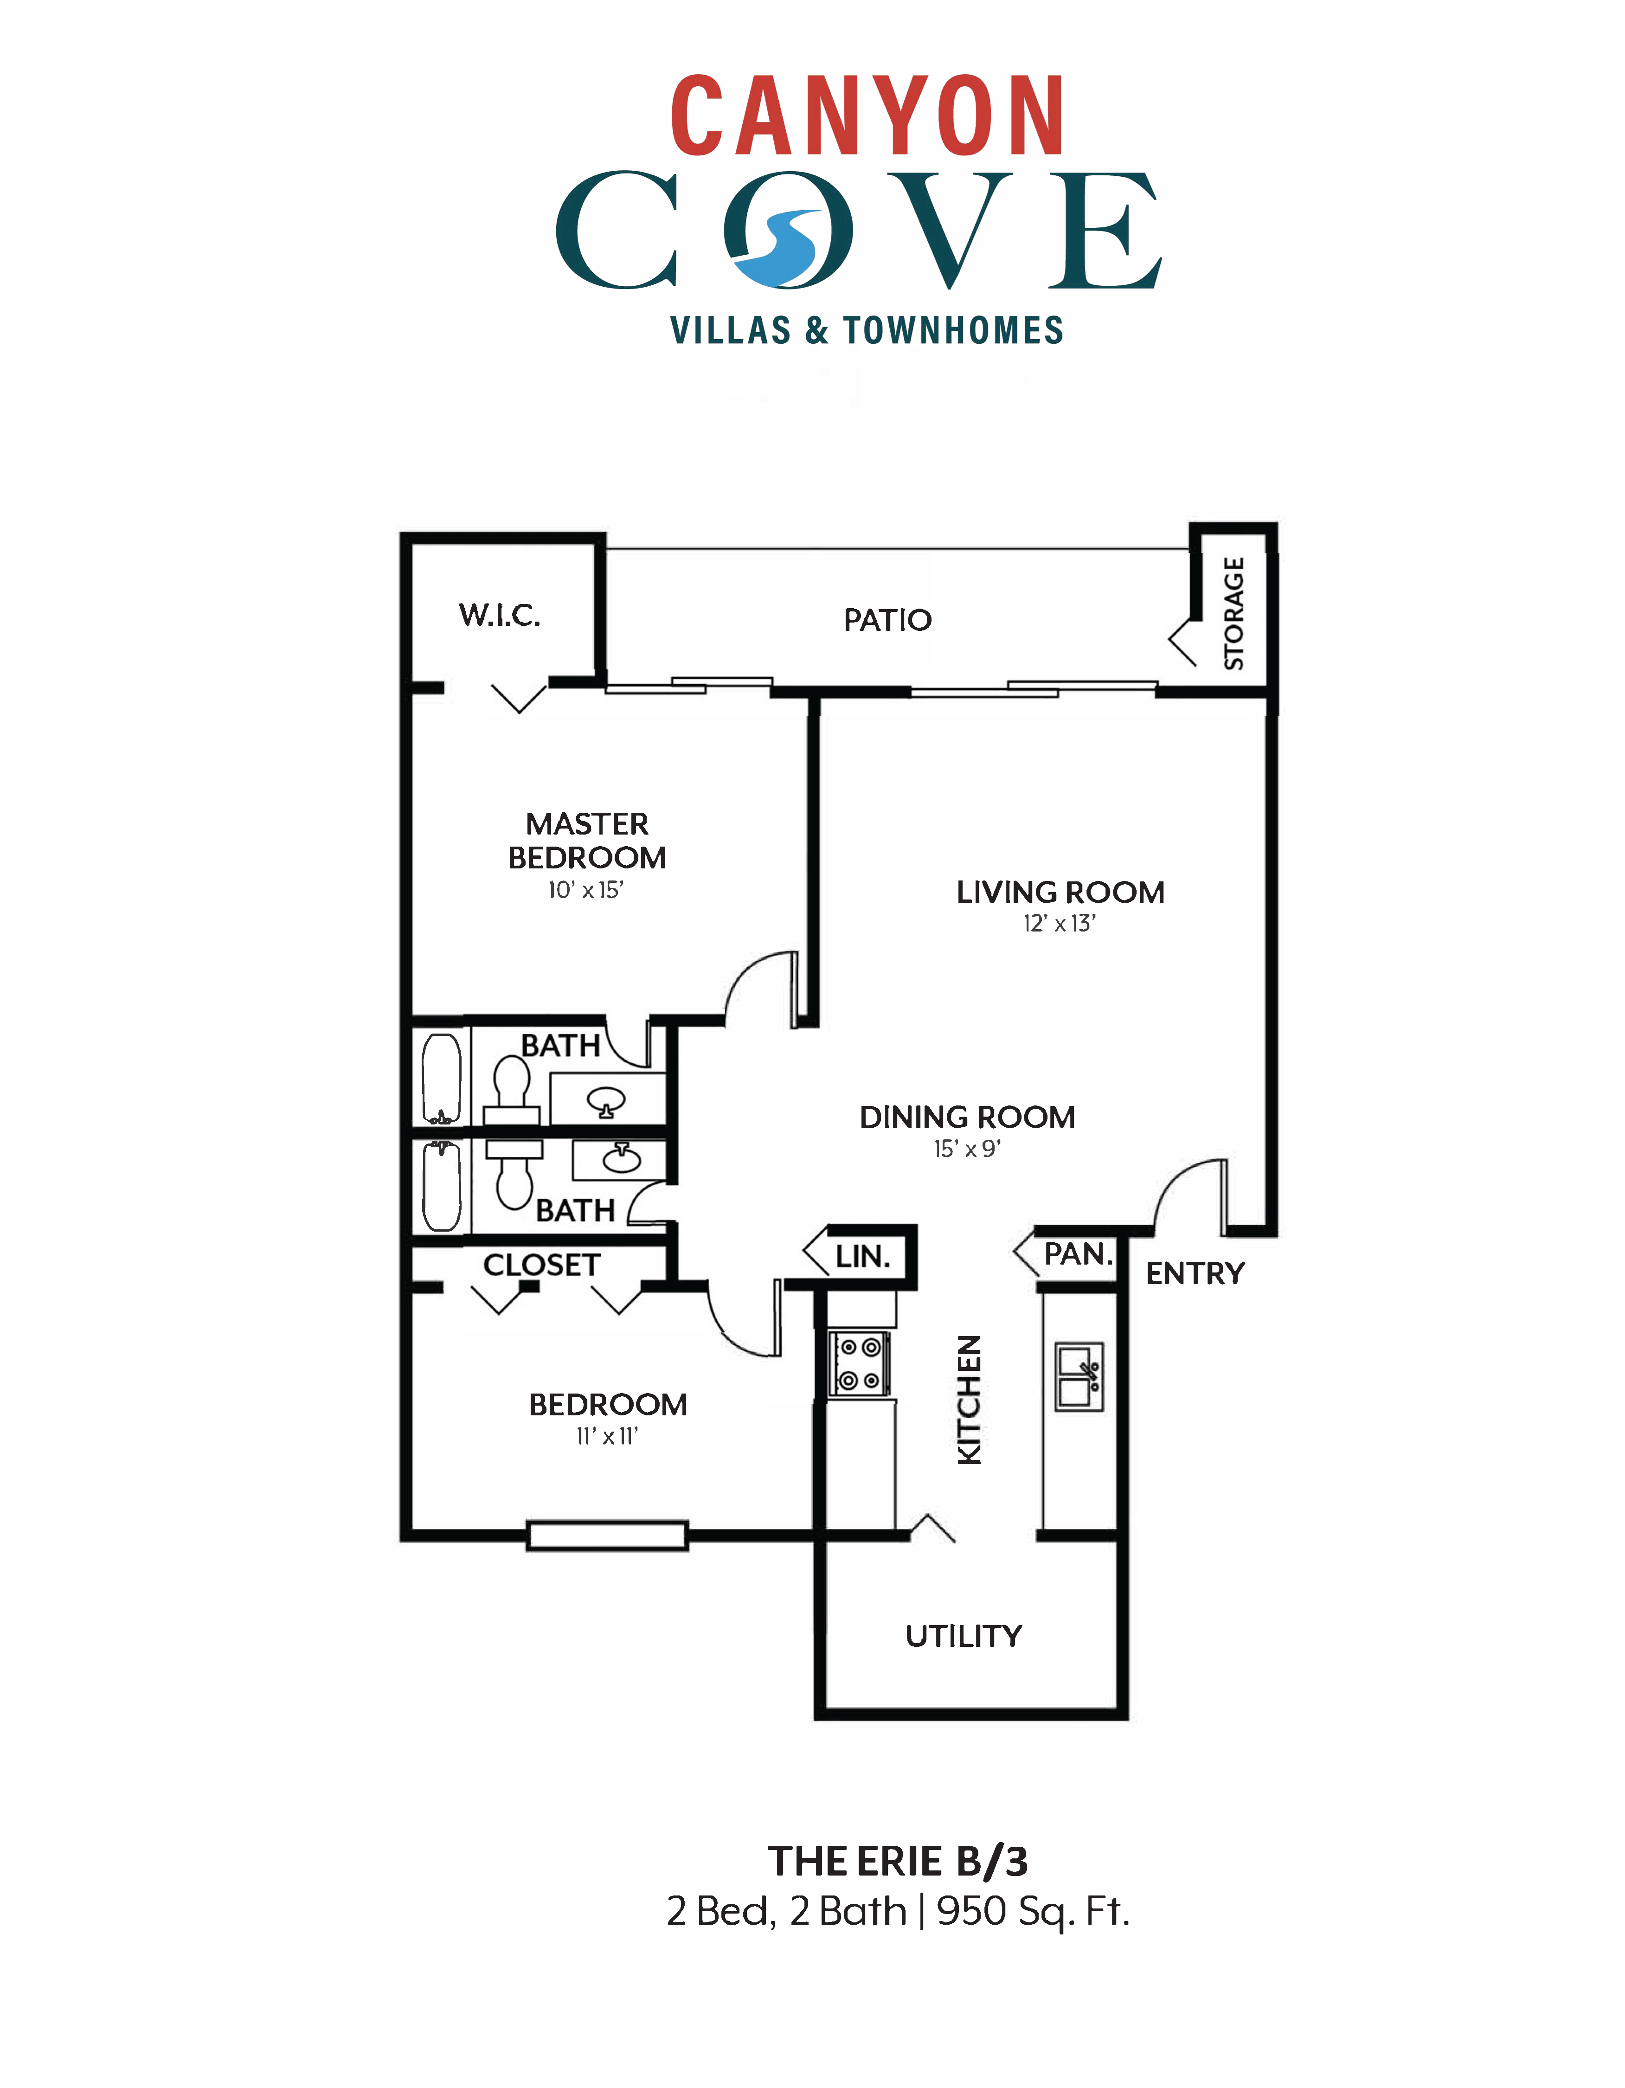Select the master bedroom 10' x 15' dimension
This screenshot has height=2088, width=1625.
point(585,890)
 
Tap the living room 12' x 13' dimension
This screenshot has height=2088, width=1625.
point(1059,924)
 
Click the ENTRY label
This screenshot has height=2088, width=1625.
point(1195,1273)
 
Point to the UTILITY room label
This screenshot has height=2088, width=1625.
point(963,1636)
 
